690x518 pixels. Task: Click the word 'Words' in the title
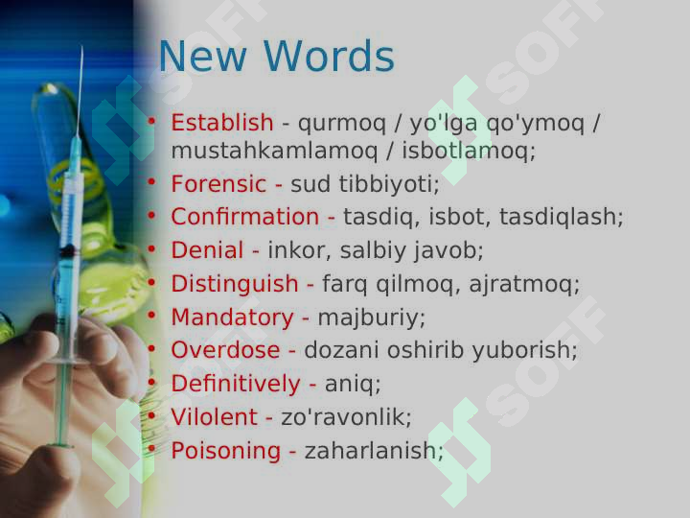328,58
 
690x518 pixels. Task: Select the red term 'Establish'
221,123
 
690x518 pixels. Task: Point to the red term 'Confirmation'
245,217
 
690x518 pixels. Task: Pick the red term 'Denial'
207,250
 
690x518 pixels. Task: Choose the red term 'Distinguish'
235,284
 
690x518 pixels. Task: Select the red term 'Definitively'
235,384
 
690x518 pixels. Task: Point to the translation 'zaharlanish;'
374,451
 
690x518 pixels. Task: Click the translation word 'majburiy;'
372,318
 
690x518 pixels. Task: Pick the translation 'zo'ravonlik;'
346,417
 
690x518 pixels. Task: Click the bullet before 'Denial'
151,248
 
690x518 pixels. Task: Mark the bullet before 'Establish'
151,121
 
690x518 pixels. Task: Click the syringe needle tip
82,48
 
